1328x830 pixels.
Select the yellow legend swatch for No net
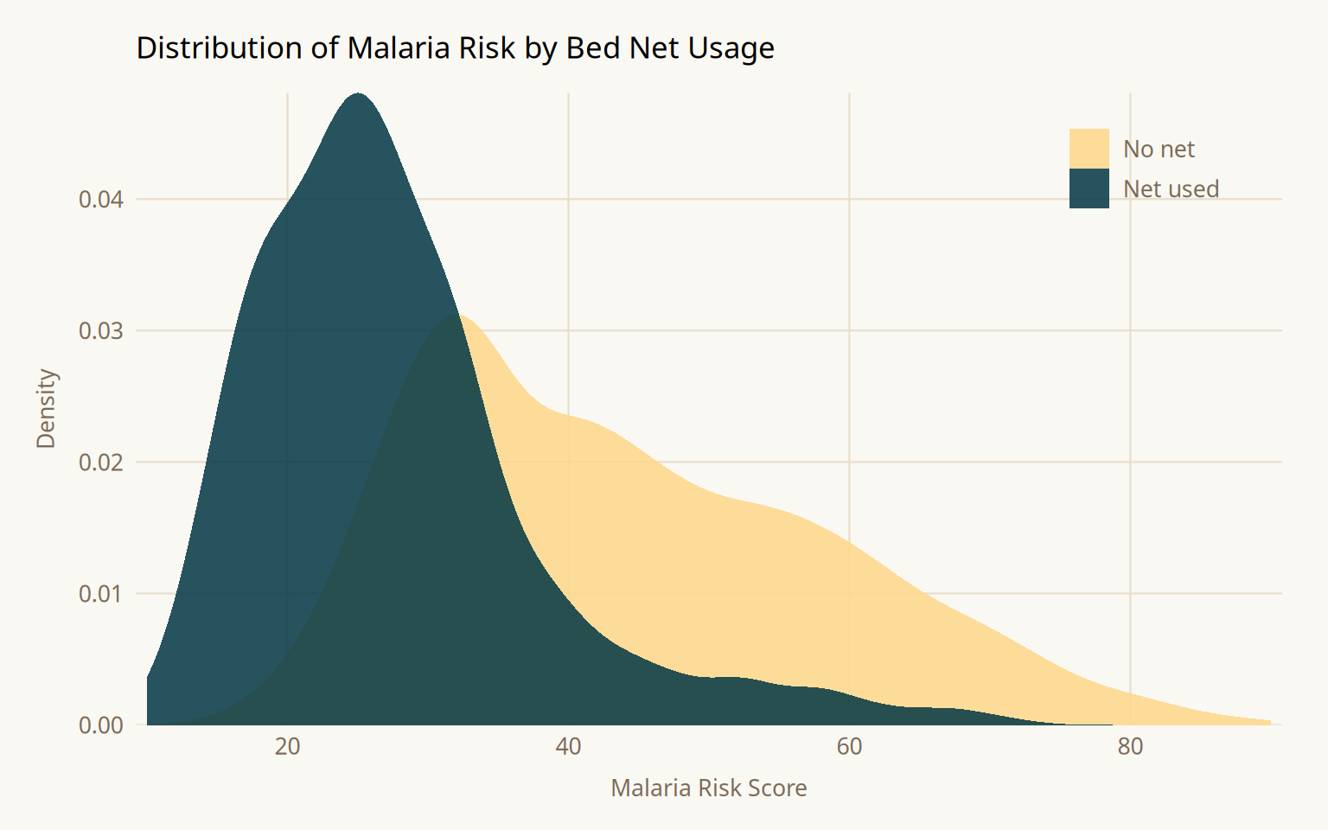click(x=1089, y=149)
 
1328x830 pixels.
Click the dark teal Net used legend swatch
click(x=1089, y=188)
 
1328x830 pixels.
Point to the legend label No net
click(x=1159, y=150)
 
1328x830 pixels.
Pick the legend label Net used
click(x=1171, y=189)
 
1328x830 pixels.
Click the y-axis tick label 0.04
click(x=101, y=200)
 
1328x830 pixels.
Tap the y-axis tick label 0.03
click(x=101, y=331)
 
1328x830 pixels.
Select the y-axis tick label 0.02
click(x=101, y=463)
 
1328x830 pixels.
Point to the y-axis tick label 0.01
click(x=101, y=594)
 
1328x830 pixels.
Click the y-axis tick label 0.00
click(x=101, y=725)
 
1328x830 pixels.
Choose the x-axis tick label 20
click(x=287, y=747)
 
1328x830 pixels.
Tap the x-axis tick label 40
click(x=568, y=747)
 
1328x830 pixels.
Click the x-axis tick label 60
click(x=849, y=747)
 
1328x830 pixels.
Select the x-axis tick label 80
click(x=1130, y=747)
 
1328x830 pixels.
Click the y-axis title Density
click(x=46, y=409)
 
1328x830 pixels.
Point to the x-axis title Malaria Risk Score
click(x=709, y=788)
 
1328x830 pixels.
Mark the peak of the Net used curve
click(x=358, y=93)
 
